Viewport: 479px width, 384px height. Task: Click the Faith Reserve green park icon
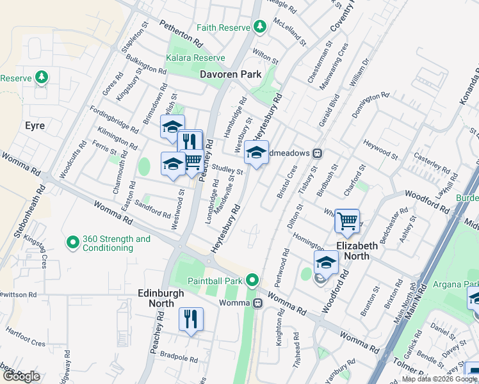tap(259, 26)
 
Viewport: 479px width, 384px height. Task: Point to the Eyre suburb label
tap(34, 125)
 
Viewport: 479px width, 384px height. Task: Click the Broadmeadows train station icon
tap(316, 154)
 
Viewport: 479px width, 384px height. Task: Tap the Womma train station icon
tap(257, 303)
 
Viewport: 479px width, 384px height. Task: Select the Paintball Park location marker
tap(253, 280)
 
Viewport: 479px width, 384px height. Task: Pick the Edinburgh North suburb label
tap(161, 298)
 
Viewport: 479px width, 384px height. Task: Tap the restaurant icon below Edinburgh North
tap(191, 319)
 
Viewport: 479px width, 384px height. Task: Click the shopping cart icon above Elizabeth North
tap(347, 221)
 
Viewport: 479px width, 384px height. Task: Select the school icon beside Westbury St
tap(256, 152)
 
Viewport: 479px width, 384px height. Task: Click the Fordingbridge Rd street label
tap(114, 119)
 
